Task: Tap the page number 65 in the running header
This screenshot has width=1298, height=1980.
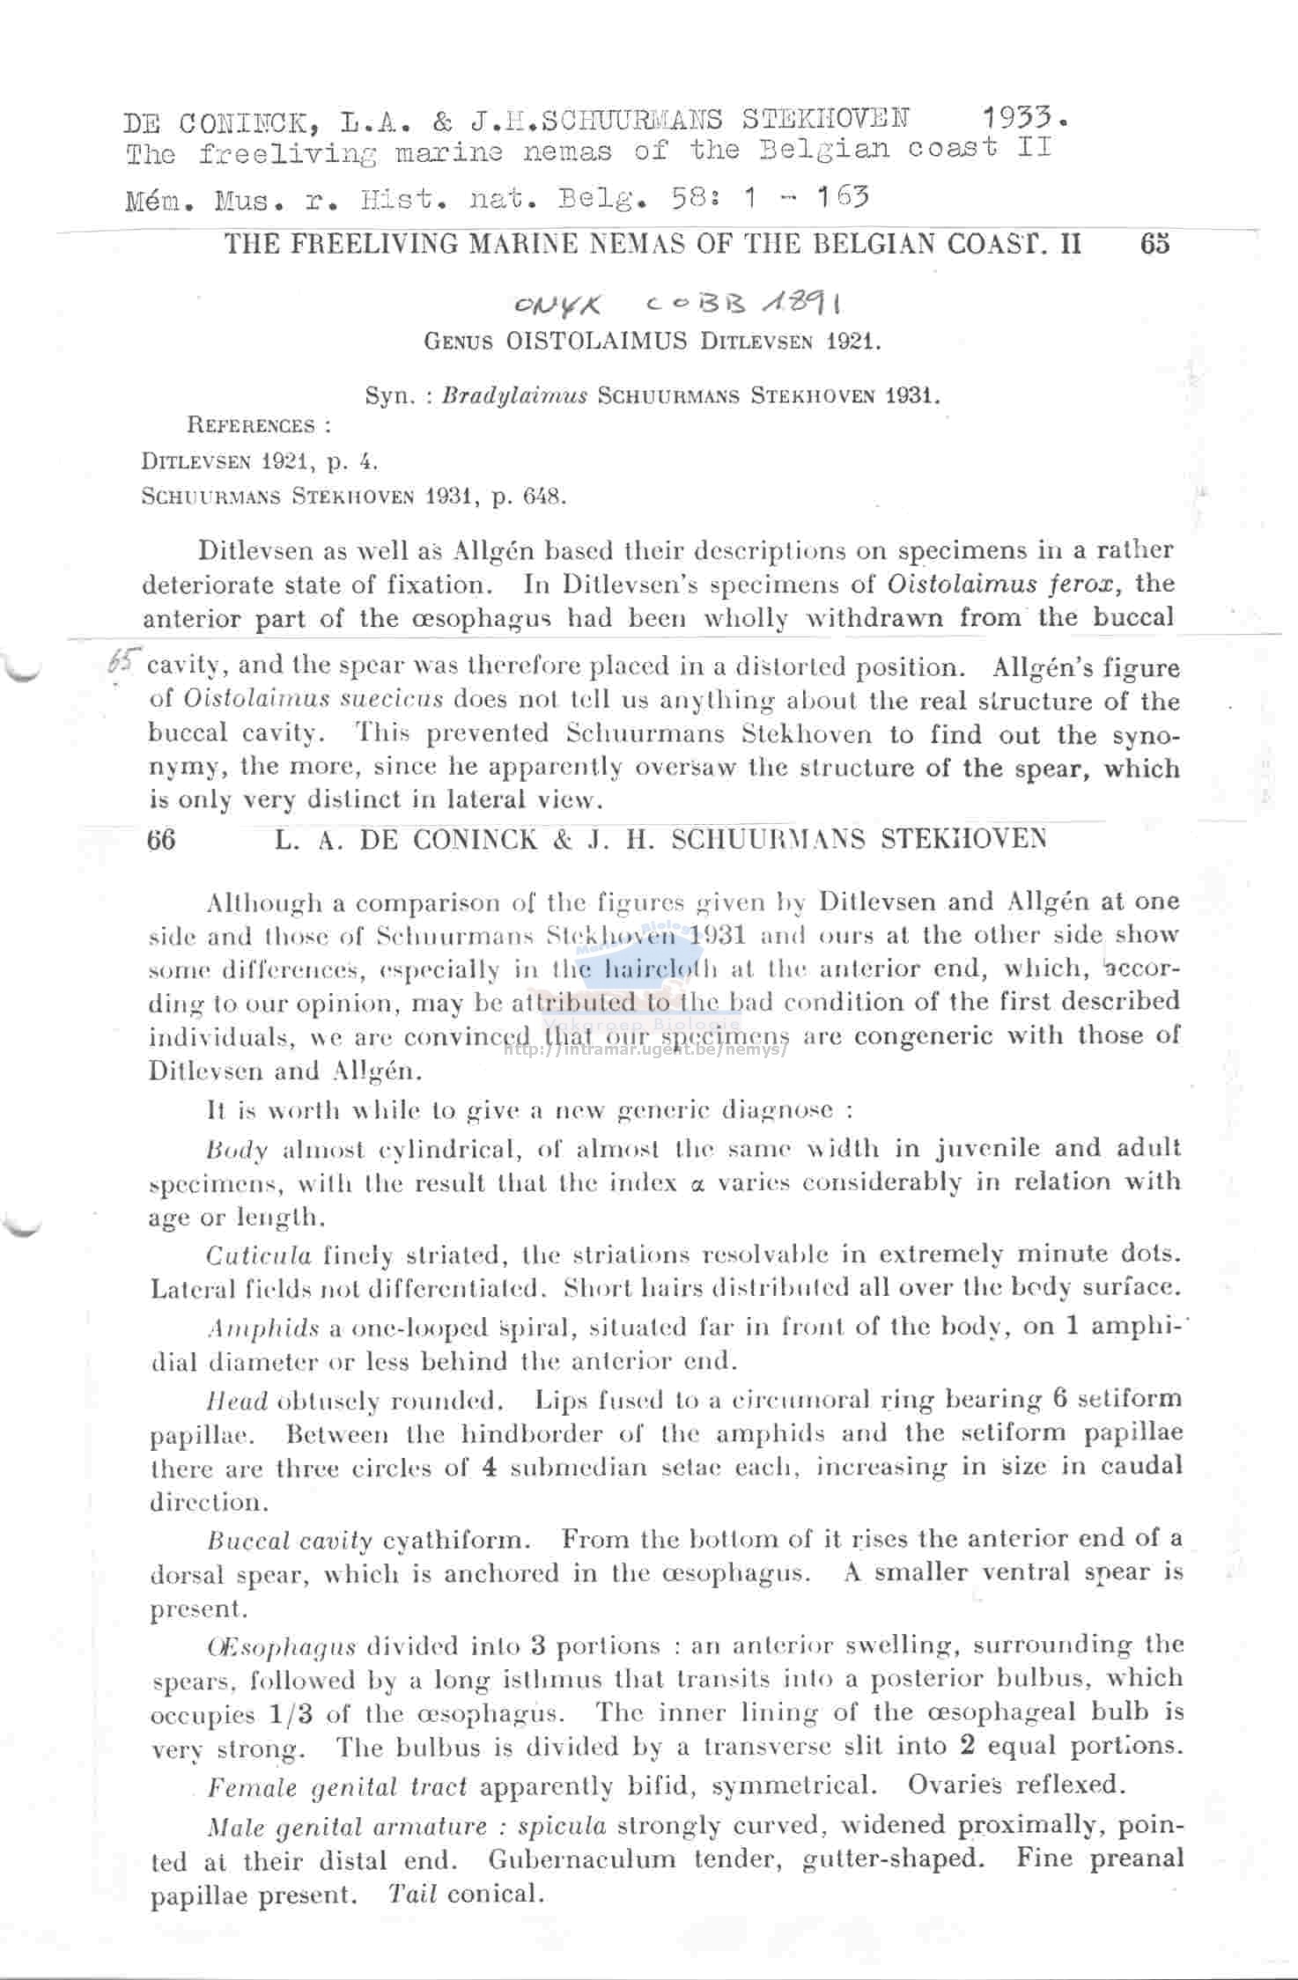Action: pyautogui.click(x=1154, y=244)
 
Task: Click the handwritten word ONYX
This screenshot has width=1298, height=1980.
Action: pyautogui.click(x=558, y=305)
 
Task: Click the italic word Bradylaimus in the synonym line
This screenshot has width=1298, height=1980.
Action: pyautogui.click(x=514, y=395)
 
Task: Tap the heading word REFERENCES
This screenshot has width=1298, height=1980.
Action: pyautogui.click(x=251, y=426)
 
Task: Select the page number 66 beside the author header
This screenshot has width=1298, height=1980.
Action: pyautogui.click(x=162, y=839)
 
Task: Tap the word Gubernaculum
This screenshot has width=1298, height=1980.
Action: pyautogui.click(x=582, y=1859)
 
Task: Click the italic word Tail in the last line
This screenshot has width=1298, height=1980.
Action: pyautogui.click(x=412, y=1893)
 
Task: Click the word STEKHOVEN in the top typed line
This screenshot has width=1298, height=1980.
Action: pyautogui.click(x=826, y=119)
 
